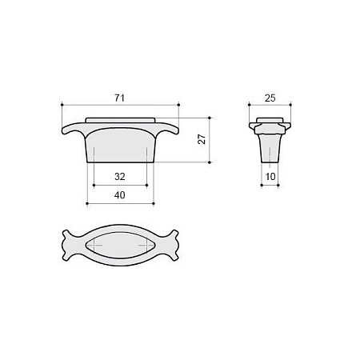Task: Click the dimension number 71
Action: (x=120, y=98)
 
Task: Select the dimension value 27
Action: (x=202, y=139)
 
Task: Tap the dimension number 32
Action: (x=120, y=176)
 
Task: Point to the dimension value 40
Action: (x=120, y=195)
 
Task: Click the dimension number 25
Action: (x=270, y=98)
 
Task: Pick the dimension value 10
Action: (x=270, y=176)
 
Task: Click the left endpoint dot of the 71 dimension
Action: (x=62, y=105)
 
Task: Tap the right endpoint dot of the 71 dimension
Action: (x=178, y=105)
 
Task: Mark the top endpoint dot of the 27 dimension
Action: (x=210, y=118)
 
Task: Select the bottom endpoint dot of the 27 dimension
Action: (x=210, y=162)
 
